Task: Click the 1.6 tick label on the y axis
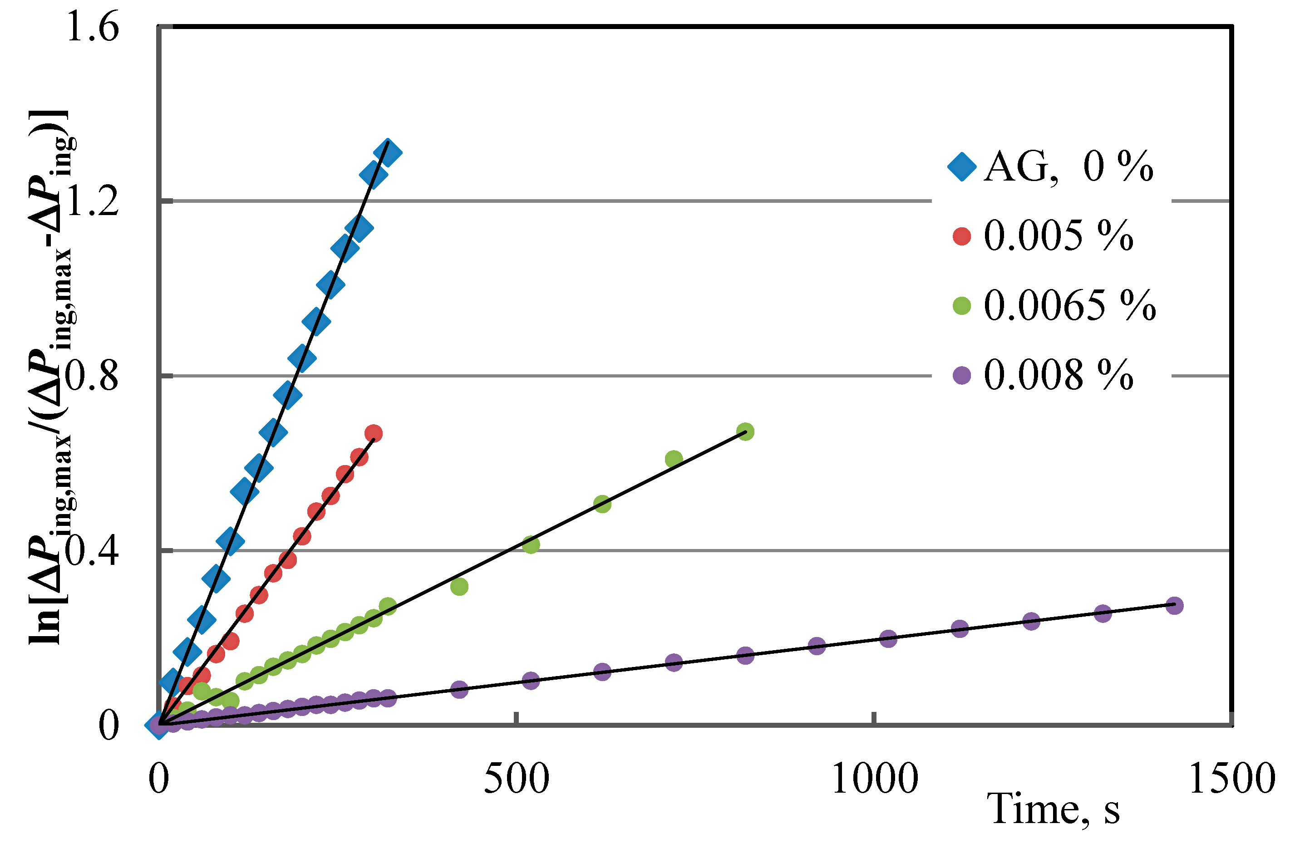point(92,27)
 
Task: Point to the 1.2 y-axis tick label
point(92,201)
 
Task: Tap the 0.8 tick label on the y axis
point(92,377)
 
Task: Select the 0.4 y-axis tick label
point(92,552)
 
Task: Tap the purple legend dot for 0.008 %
point(961,376)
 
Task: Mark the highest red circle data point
point(374,433)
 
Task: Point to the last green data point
point(745,432)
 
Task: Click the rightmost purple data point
point(1174,605)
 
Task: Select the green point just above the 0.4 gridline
point(531,544)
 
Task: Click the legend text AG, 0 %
point(1068,167)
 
